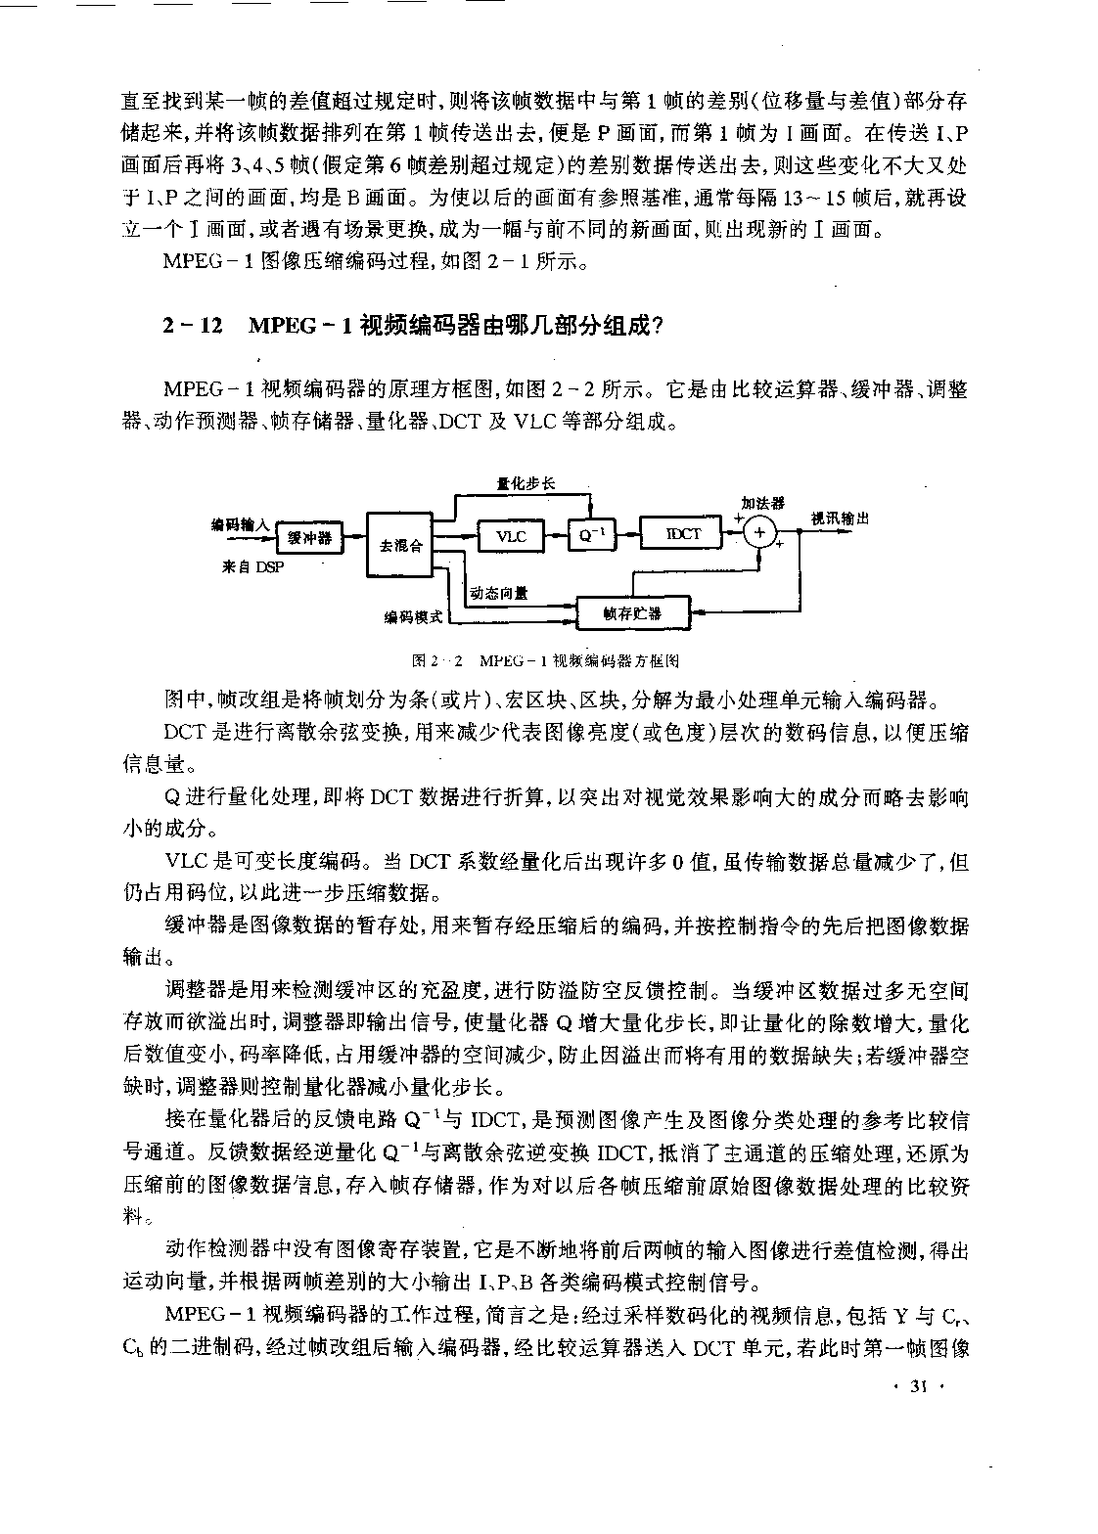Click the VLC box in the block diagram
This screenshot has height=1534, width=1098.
(x=511, y=535)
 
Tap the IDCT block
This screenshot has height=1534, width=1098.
(x=683, y=533)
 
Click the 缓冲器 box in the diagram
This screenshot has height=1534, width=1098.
(x=309, y=537)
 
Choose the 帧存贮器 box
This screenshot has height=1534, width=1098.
(x=632, y=613)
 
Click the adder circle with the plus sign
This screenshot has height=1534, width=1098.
(x=760, y=533)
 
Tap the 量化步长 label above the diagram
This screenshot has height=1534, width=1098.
(x=526, y=482)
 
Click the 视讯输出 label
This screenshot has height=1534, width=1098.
(x=840, y=519)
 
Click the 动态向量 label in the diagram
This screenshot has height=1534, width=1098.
(x=498, y=592)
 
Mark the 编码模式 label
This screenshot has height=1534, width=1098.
(x=413, y=617)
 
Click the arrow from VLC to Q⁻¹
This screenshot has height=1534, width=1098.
(x=555, y=535)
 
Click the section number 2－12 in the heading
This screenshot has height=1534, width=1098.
(x=193, y=326)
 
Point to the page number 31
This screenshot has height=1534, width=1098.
(x=917, y=1386)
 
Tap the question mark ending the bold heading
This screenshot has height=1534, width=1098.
(x=657, y=326)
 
